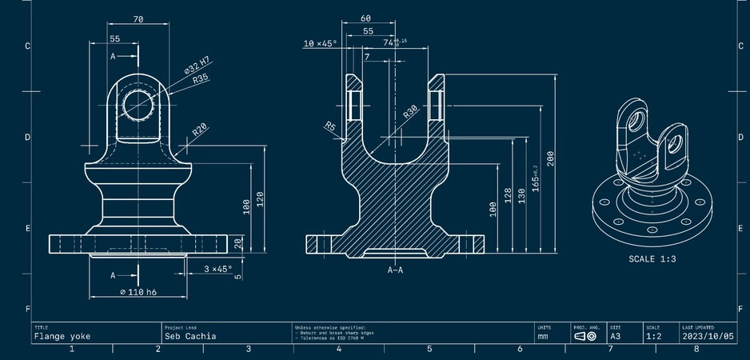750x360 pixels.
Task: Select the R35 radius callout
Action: pyautogui.click(x=201, y=78)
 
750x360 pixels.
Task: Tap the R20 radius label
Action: pyautogui.click(x=200, y=129)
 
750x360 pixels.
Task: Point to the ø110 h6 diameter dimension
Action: pyautogui.click(x=138, y=293)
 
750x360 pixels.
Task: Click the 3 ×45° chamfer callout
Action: pyautogui.click(x=217, y=269)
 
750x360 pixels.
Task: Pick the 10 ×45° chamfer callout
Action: pyautogui.click(x=320, y=44)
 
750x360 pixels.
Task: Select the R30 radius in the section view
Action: pyautogui.click(x=411, y=113)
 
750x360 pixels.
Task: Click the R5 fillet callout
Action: pyautogui.click(x=329, y=126)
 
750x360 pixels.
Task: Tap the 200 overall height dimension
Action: pyautogui.click(x=550, y=158)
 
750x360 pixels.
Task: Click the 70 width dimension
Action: pyautogui.click(x=138, y=19)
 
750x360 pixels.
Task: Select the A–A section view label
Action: pyautogui.click(x=395, y=270)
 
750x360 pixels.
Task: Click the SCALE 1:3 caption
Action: pyautogui.click(x=652, y=259)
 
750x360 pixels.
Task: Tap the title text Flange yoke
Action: pyautogui.click(x=62, y=337)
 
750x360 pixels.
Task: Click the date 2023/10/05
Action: pyautogui.click(x=708, y=337)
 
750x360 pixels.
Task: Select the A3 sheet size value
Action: pyautogui.click(x=616, y=337)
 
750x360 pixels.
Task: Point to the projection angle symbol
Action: pyautogui.click(x=585, y=337)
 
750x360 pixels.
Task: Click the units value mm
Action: pyautogui.click(x=543, y=337)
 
